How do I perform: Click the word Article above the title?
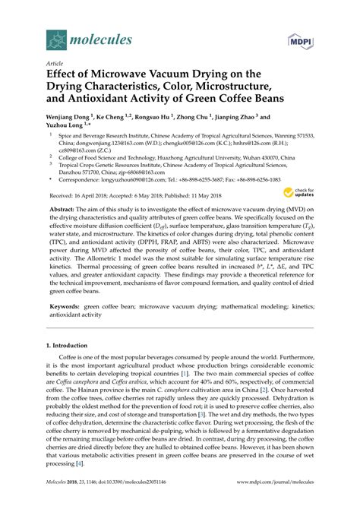pos(55,65)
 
